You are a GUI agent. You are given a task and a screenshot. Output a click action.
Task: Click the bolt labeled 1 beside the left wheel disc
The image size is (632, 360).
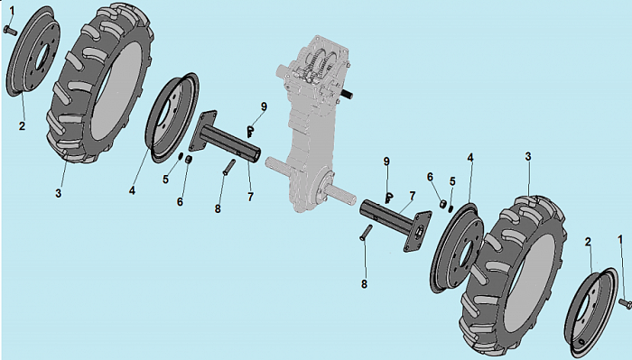pos(10,30)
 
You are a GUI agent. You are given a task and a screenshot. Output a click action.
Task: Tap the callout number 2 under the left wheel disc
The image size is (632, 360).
pos(23,126)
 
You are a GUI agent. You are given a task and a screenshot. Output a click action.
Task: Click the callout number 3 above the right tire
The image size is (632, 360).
pos(528,156)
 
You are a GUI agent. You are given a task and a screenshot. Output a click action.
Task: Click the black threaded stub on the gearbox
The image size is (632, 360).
pos(347,94)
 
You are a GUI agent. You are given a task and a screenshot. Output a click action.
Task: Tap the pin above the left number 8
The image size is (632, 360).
pos(229,167)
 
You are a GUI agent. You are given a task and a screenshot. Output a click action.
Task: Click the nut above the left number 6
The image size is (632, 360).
pos(188,160)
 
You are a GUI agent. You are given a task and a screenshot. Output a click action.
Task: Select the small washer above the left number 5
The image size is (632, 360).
pos(181,155)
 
